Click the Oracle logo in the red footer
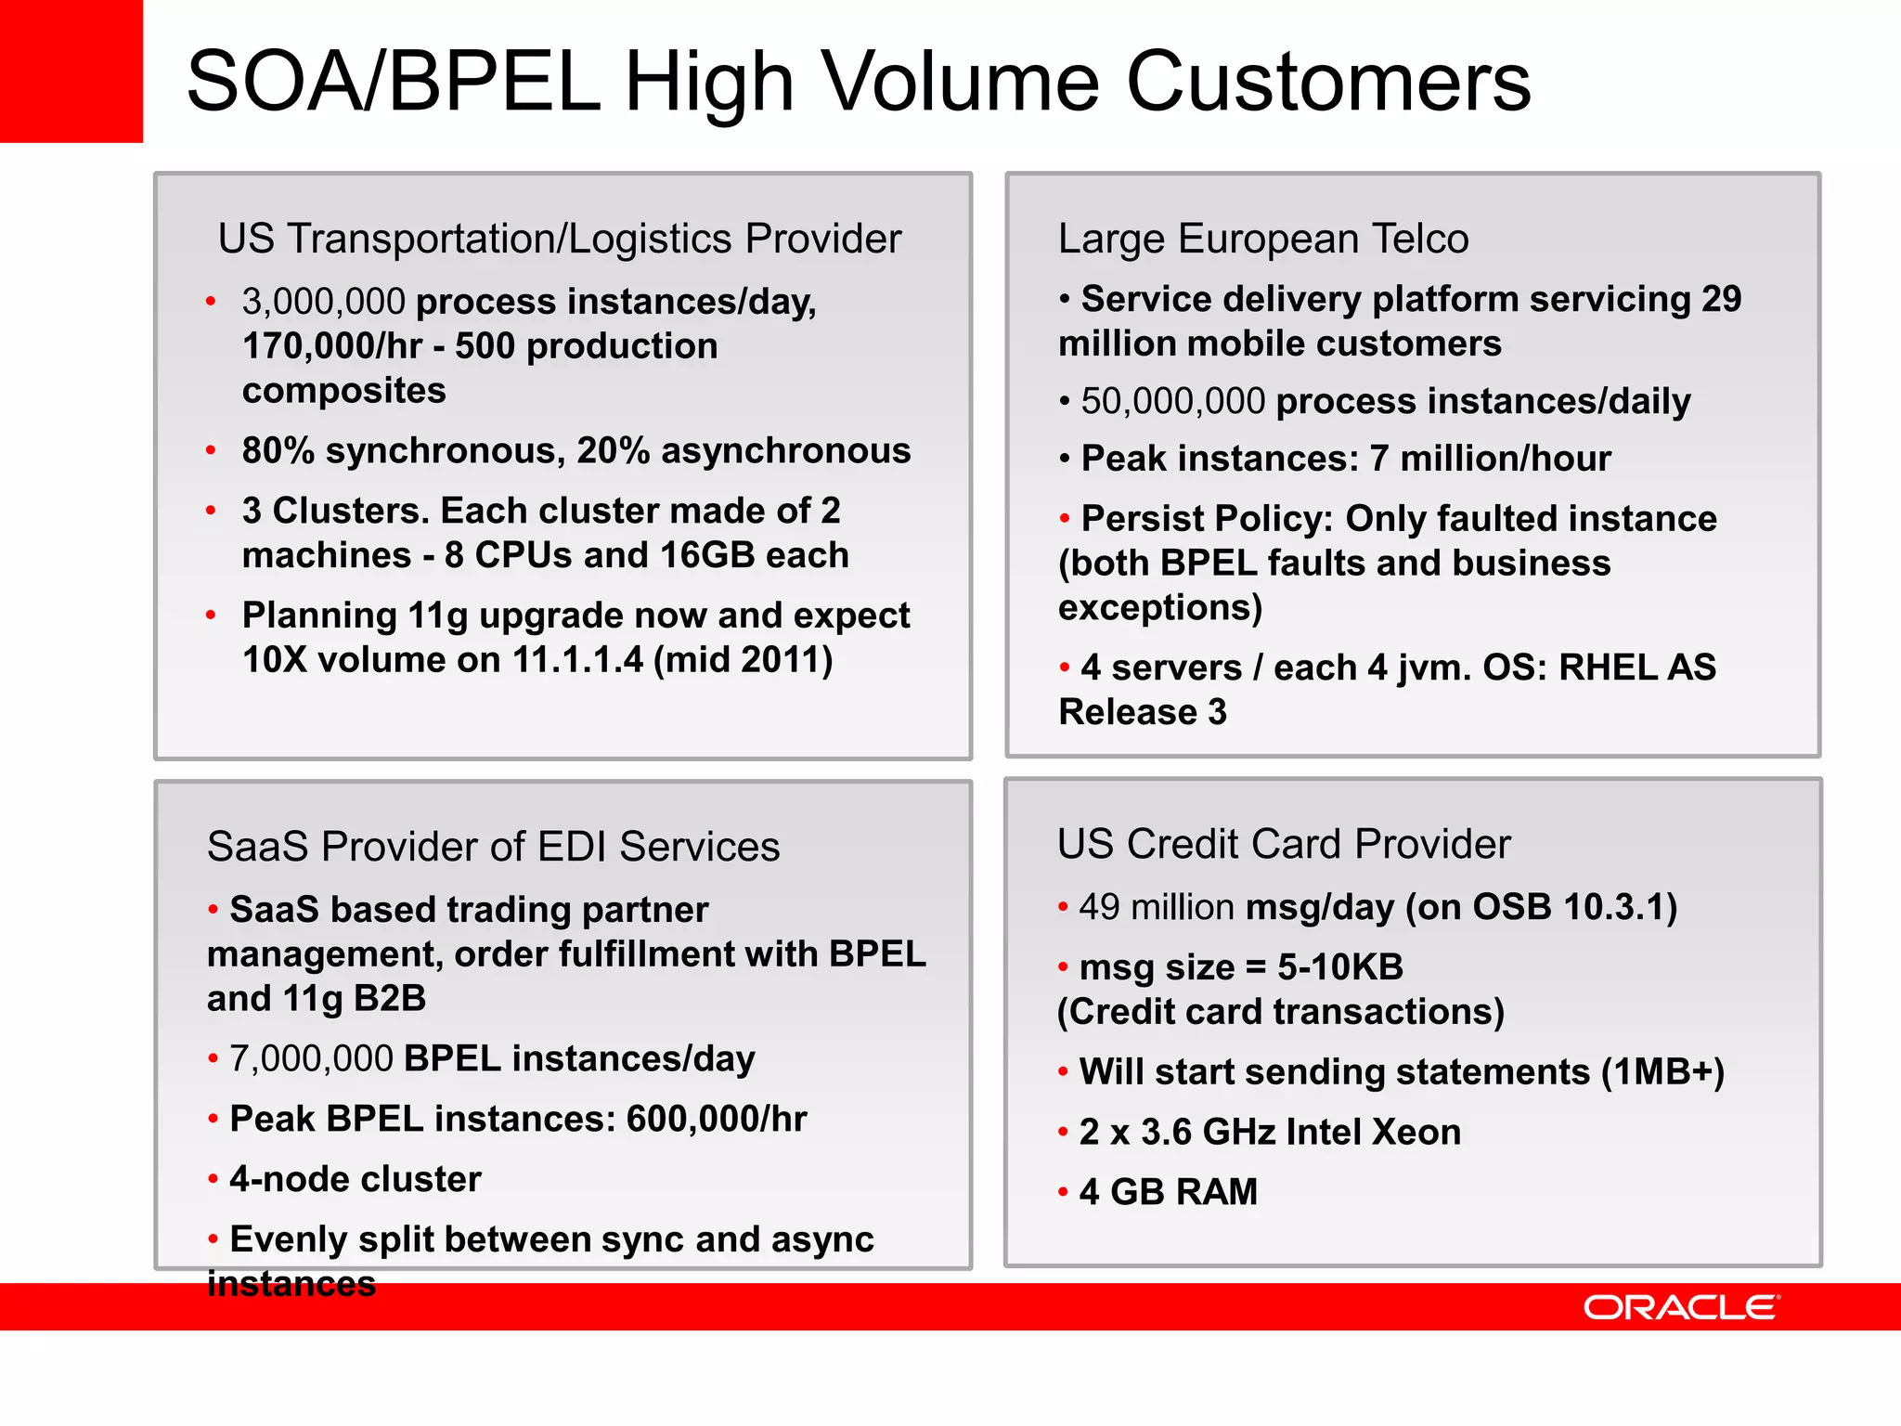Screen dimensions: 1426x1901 [1681, 1307]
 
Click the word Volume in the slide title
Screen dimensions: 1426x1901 [960, 82]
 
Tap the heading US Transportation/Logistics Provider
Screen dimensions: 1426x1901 [559, 239]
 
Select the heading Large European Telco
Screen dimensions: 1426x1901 [1263, 239]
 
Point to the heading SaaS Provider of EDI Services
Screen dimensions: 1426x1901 [493, 847]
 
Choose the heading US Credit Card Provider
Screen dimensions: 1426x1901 [1284, 844]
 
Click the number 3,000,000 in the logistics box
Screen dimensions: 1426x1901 [323, 302]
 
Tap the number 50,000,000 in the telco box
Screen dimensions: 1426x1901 [1173, 401]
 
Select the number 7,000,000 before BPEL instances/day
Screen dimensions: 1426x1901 [311, 1059]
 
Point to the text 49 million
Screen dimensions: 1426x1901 [1157, 907]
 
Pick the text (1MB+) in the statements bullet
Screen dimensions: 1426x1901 [1662, 1072]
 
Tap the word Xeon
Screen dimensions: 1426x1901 [1416, 1133]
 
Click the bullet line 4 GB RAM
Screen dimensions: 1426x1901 [1168, 1192]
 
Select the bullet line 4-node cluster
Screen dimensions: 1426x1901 [355, 1180]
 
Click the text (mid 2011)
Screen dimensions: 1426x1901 [744, 660]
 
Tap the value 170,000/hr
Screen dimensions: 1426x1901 [332, 346]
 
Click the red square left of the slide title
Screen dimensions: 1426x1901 [71, 71]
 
